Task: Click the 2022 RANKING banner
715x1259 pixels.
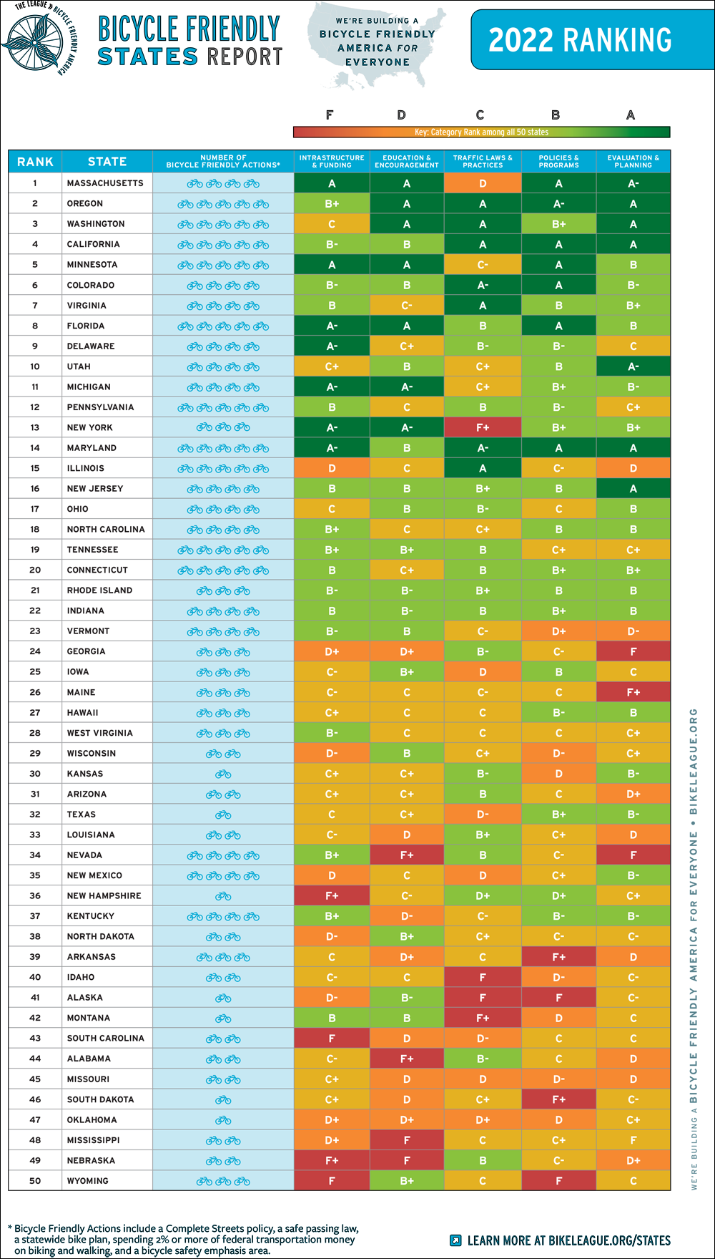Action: click(580, 40)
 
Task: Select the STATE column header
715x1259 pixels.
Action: click(107, 162)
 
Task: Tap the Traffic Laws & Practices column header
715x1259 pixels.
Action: click(483, 162)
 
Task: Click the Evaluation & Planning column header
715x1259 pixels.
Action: click(633, 162)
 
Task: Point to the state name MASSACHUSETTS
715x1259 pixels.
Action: click(105, 183)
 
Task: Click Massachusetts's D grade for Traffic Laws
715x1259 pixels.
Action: click(483, 184)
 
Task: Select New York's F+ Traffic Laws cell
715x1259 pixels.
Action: click(483, 428)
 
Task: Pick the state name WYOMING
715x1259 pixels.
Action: click(88, 1181)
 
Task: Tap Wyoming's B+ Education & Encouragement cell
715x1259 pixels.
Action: click(407, 1181)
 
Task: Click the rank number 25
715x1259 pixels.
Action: click(35, 672)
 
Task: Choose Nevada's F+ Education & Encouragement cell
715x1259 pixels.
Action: click(407, 855)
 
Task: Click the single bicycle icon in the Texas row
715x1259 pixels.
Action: click(223, 815)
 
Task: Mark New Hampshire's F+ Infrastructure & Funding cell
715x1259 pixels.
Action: click(332, 896)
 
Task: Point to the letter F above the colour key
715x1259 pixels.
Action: click(330, 115)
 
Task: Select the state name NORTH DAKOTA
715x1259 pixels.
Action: click(100, 936)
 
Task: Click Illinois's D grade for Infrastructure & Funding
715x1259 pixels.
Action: click(332, 469)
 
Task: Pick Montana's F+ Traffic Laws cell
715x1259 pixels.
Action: click(483, 1018)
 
